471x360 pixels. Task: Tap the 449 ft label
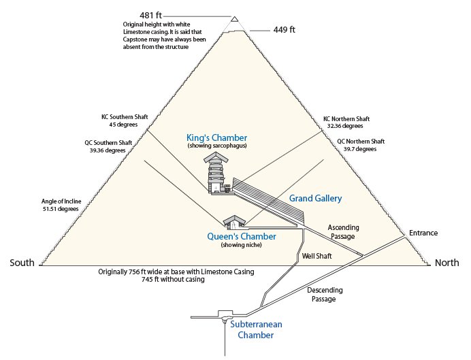point(284,29)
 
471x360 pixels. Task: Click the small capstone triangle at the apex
point(235,20)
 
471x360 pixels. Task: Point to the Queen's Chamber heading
point(242,236)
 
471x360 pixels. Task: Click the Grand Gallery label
point(315,198)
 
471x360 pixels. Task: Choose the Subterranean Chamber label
point(255,329)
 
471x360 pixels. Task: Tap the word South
point(22,263)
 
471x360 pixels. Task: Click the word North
point(447,263)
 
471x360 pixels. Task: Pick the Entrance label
point(423,233)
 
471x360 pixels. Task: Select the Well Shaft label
point(316,257)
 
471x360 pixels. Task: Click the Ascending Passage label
point(343,231)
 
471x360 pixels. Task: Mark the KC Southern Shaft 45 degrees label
point(119,120)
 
